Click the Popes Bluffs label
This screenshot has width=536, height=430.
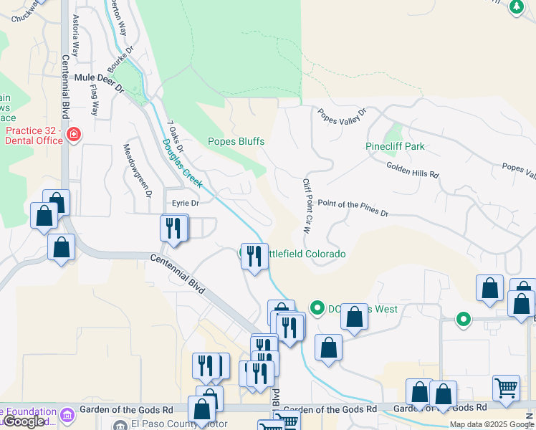[236, 141]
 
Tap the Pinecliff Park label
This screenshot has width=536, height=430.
[395, 146]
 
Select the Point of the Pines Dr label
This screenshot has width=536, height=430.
[352, 209]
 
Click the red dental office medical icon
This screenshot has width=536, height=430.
[73, 135]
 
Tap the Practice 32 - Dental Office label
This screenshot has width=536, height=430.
[33, 135]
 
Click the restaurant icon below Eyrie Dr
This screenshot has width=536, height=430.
[173, 228]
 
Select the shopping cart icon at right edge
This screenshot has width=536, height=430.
[506, 388]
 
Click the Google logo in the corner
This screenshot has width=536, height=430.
[23, 421]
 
